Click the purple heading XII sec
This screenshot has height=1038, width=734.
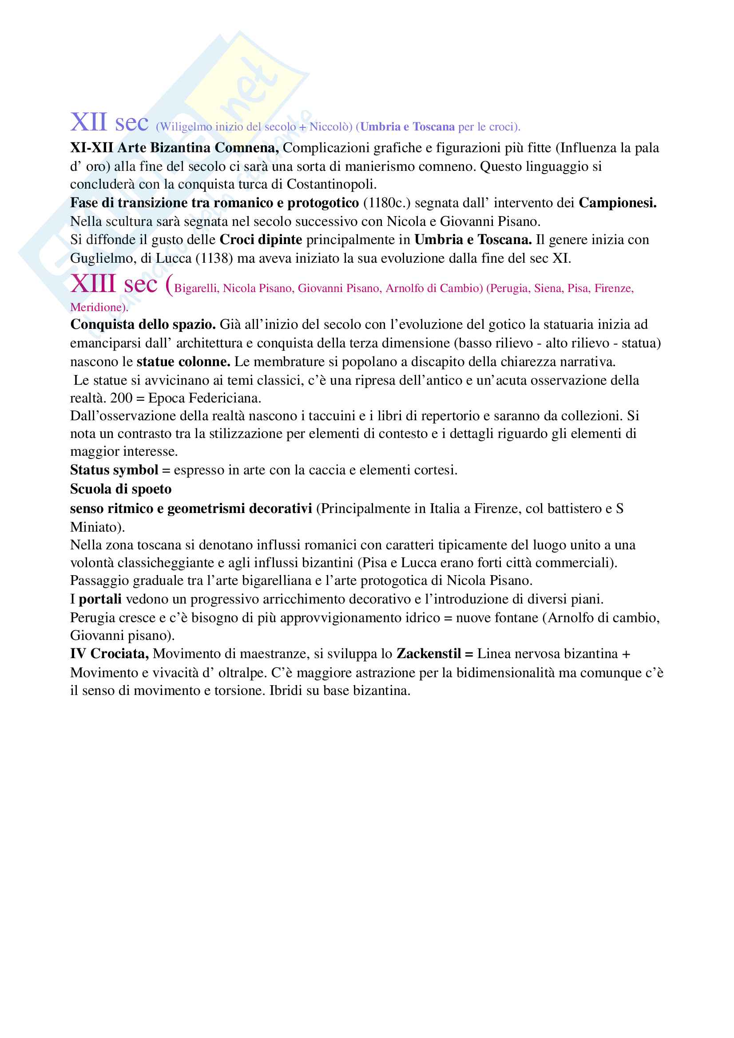(109, 123)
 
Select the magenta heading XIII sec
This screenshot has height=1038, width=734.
(114, 285)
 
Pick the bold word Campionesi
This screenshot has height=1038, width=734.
(617, 203)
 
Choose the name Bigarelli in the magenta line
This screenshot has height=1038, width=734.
(197, 288)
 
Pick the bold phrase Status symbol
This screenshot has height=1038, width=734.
(114, 470)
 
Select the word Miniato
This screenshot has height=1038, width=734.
(97, 527)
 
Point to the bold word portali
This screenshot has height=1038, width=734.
(100, 600)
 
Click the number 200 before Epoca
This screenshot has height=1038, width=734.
(121, 398)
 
